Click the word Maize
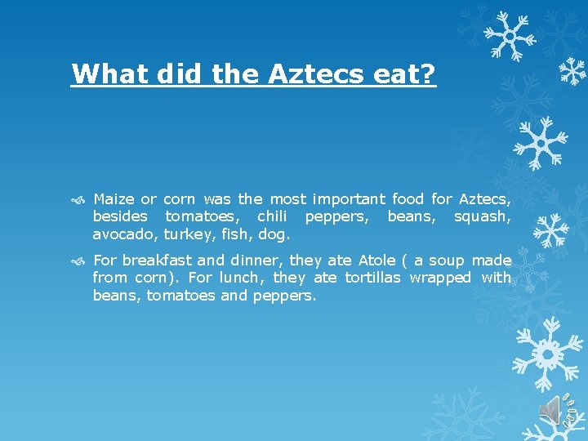click(114, 199)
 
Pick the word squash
click(482, 217)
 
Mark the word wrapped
click(440, 278)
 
